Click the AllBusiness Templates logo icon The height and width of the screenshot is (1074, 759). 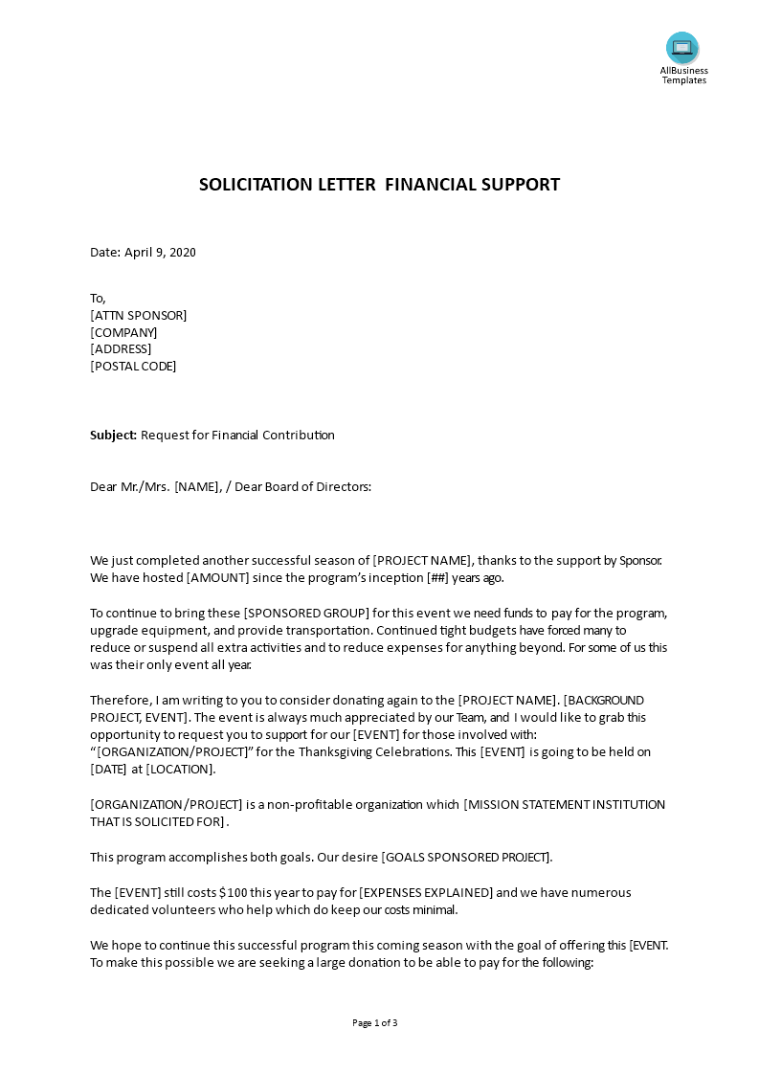click(682, 48)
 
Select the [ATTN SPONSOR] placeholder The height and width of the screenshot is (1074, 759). click(139, 315)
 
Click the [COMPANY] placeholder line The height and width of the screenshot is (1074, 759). click(123, 332)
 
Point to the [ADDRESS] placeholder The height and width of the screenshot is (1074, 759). click(121, 348)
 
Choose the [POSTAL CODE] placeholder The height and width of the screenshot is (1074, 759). click(133, 366)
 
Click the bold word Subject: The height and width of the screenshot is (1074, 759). click(114, 435)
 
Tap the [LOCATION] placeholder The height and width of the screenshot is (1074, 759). click(181, 769)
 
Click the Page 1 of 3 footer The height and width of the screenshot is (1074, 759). click(375, 1022)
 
